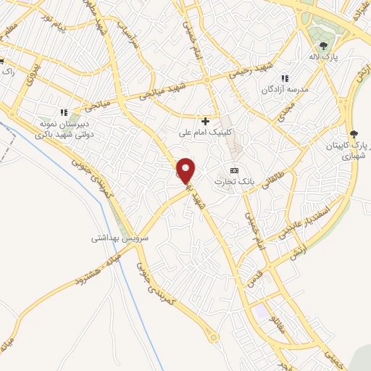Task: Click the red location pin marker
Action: [x=186, y=170]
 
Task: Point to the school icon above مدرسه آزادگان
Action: [x=285, y=78]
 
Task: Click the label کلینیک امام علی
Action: [x=206, y=133]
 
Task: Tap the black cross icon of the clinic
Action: [x=207, y=121]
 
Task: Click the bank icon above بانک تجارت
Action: [x=233, y=170]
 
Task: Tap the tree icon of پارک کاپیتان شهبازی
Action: [x=354, y=133]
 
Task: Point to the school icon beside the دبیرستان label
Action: [x=64, y=112]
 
